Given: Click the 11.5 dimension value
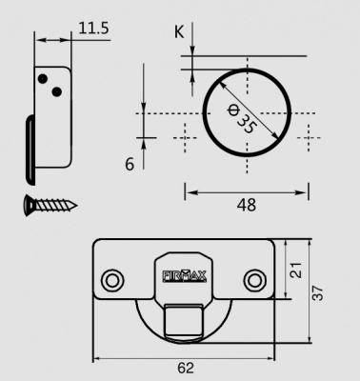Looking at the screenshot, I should coord(93,29).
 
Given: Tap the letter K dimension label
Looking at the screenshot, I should coord(178,31).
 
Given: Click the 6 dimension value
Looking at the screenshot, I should coord(130,164).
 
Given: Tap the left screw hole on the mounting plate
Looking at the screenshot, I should coord(113,280).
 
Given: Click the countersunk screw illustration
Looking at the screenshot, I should coord(50,203).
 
